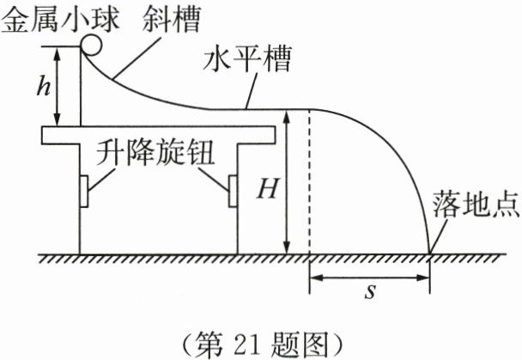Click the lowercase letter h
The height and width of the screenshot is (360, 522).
[x=35, y=86]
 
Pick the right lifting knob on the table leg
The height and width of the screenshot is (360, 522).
[x=232, y=189]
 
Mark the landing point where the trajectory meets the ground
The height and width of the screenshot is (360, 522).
[x=429, y=253]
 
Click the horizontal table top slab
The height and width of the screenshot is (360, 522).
[x=158, y=134]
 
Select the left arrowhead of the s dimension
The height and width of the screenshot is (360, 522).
[x=313, y=278]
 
